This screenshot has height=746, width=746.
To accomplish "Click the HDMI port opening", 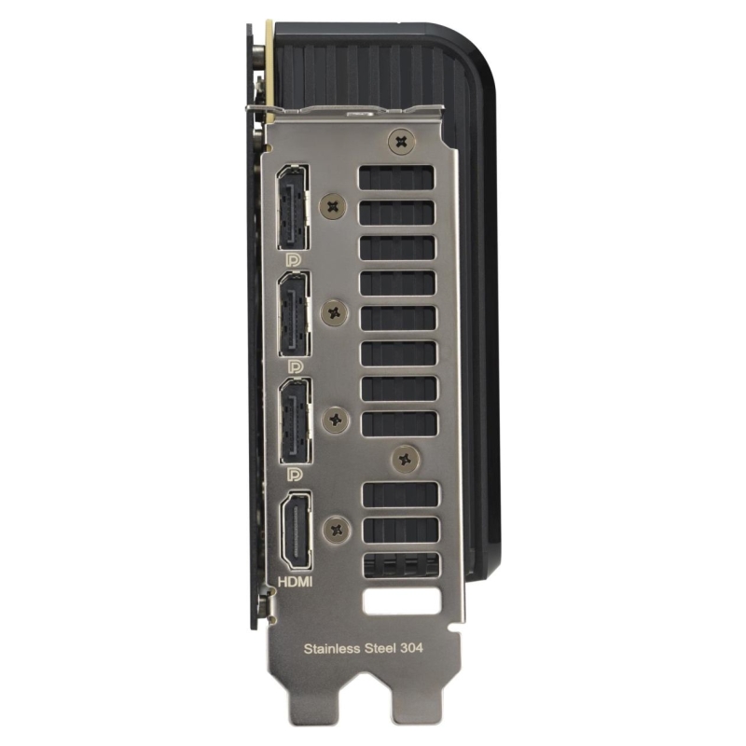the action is (297, 532).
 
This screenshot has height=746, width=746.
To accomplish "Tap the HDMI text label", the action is (295, 581).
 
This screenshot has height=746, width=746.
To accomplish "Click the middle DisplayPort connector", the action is (295, 314).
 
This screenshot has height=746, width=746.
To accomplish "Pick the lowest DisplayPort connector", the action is (296, 421).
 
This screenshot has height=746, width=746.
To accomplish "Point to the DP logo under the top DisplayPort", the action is (294, 260).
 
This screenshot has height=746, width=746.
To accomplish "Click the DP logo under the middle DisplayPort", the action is (295, 366).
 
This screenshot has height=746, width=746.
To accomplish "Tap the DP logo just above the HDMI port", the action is (296, 474).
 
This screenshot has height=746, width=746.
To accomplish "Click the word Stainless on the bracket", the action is (332, 648).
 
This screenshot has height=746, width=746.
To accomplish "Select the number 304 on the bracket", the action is (411, 648).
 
